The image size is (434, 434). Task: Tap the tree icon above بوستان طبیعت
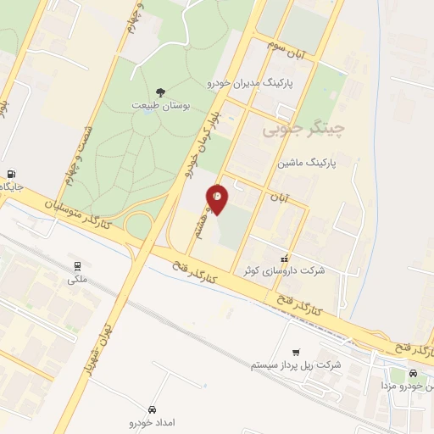[x=160, y=92]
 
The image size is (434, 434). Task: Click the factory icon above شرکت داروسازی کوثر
[x=285, y=257]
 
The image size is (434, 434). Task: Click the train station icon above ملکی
[x=77, y=265]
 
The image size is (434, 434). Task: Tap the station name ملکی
[x=77, y=278]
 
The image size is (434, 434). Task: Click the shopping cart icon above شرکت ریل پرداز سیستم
[x=295, y=353]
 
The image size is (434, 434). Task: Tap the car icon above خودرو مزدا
[x=413, y=374]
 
